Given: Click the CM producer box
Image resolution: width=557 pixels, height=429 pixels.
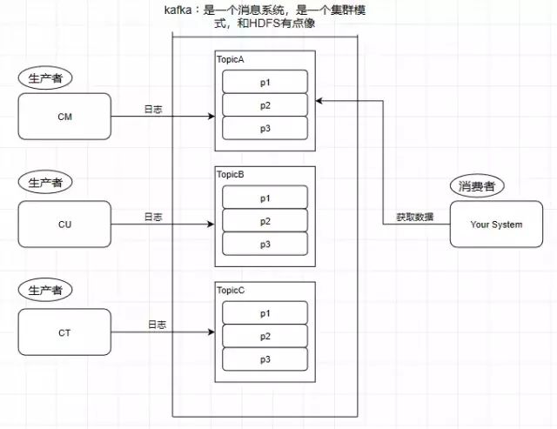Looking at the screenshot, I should pyautogui.click(x=64, y=117).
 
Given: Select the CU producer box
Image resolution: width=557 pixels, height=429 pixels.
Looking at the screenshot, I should pyautogui.click(x=64, y=225).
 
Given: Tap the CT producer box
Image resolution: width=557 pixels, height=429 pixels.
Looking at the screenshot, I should pyautogui.click(x=64, y=332).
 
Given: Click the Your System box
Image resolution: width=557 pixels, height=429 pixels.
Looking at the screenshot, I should pyautogui.click(x=496, y=225).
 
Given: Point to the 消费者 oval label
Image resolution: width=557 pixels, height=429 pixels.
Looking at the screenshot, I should pyautogui.click(x=477, y=186).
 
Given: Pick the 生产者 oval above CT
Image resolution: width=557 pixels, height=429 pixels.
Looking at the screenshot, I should pyautogui.click(x=45, y=290).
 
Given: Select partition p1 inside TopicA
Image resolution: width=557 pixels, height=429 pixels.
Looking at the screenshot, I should pyautogui.click(x=265, y=81).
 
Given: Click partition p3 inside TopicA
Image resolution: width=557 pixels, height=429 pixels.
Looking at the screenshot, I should pyautogui.click(x=265, y=127).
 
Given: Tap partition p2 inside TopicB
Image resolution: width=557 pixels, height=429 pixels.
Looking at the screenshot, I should pyautogui.click(x=265, y=221).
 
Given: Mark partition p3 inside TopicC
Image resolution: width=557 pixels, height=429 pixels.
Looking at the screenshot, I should pyautogui.click(x=265, y=359).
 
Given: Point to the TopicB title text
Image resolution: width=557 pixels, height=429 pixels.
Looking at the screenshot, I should pyautogui.click(x=232, y=175).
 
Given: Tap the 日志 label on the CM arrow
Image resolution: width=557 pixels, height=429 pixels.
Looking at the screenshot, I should pyautogui.click(x=153, y=110).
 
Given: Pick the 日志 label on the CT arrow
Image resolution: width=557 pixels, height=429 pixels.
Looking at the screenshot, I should pyautogui.click(x=157, y=325).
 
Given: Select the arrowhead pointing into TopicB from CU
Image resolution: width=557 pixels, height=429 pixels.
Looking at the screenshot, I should pyautogui.click(x=211, y=225).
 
